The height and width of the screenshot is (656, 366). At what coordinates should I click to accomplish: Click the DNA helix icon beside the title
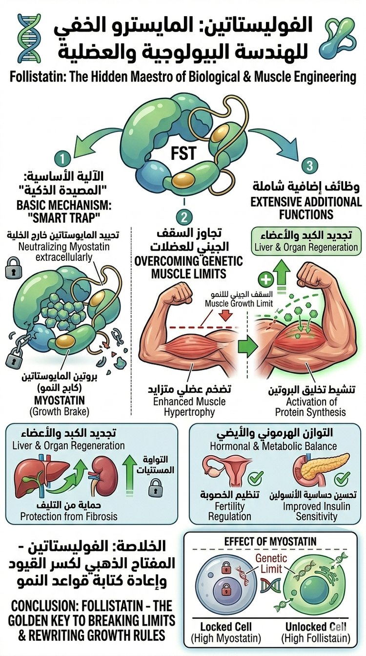tap(29, 38)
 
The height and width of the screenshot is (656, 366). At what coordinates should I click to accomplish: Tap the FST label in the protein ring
tap(183, 153)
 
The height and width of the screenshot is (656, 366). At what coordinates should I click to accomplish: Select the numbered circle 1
tap(62, 159)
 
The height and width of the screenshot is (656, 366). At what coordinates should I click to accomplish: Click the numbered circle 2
tap(184, 217)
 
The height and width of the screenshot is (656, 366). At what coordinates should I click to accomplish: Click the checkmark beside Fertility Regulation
tap(256, 478)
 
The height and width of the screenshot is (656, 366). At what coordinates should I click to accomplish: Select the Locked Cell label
tap(226, 627)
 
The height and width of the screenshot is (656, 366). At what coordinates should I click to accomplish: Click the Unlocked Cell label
tap(316, 627)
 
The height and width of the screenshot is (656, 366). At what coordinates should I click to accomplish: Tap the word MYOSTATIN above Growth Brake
tap(60, 401)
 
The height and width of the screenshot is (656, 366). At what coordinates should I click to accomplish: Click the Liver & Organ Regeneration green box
tap(306, 241)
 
